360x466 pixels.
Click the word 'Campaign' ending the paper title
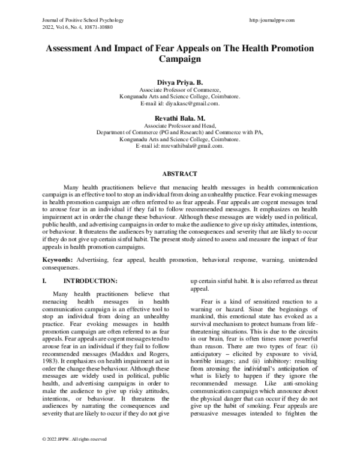click(x=180, y=60)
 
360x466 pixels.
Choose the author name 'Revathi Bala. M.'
click(x=180, y=120)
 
